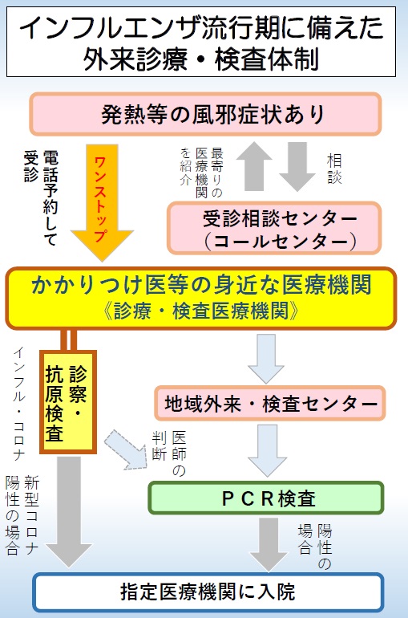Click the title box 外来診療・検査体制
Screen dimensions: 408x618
201,42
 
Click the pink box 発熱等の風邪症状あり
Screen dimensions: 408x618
205,114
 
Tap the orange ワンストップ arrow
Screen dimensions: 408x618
103,201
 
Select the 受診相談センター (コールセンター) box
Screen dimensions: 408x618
275,228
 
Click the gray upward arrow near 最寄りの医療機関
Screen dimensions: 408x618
254,166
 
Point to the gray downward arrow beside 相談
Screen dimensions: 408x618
297,166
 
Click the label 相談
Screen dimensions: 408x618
334,169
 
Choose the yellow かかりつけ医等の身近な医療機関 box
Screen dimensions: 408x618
200,298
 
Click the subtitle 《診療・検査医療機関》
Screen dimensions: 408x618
200,311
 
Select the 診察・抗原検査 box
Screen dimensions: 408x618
68,402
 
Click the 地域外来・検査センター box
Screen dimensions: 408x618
270,403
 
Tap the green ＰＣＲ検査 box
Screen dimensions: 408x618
266,498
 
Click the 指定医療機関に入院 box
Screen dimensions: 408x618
208,592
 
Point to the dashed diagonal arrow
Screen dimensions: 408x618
125,449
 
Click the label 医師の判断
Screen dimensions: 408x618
169,453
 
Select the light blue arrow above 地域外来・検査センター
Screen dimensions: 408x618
266,359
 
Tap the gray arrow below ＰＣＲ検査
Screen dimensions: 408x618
269,544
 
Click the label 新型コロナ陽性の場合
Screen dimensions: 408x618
22,515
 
